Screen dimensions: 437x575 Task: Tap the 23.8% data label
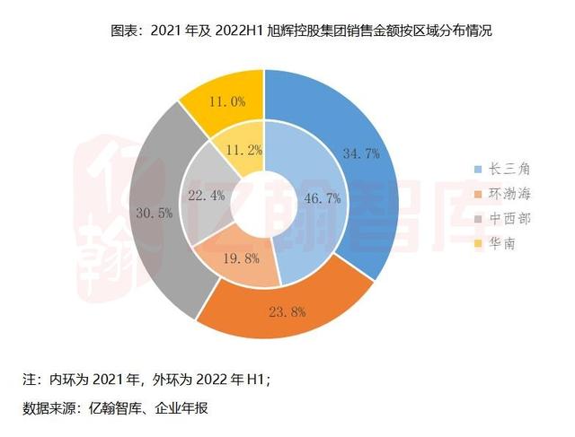coord(287,312)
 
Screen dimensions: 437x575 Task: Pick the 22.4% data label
coord(207,196)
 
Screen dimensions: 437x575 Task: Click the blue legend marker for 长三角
coord(477,168)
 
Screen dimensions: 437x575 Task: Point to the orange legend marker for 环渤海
coord(477,193)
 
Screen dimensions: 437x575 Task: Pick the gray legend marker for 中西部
coord(477,218)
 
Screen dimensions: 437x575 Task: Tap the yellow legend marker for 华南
coord(477,243)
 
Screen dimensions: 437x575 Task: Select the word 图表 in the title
coord(123,31)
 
